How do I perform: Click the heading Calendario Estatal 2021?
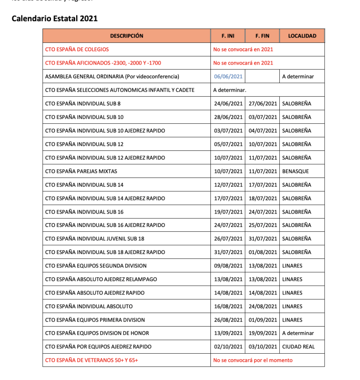click(55, 19)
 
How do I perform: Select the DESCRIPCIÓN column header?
click(126, 36)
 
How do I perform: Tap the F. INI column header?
click(228, 36)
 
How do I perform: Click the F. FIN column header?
click(262, 36)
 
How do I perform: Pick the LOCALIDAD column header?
click(302, 36)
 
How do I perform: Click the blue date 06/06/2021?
click(228, 77)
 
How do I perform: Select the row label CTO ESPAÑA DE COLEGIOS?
click(77, 49)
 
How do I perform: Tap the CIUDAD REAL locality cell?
click(298, 347)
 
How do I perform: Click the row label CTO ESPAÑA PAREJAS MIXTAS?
click(81, 171)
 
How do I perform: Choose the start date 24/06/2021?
click(228, 104)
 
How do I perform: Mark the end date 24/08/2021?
click(263, 306)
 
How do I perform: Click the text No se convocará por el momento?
click(253, 360)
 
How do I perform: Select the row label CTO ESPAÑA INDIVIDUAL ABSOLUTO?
click(89, 306)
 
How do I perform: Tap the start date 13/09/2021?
click(228, 333)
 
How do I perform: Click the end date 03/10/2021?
click(263, 347)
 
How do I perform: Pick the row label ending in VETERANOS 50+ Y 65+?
click(91, 360)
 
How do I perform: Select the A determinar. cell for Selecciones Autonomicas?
click(229, 90)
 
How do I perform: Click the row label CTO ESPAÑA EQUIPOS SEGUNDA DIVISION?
click(96, 266)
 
